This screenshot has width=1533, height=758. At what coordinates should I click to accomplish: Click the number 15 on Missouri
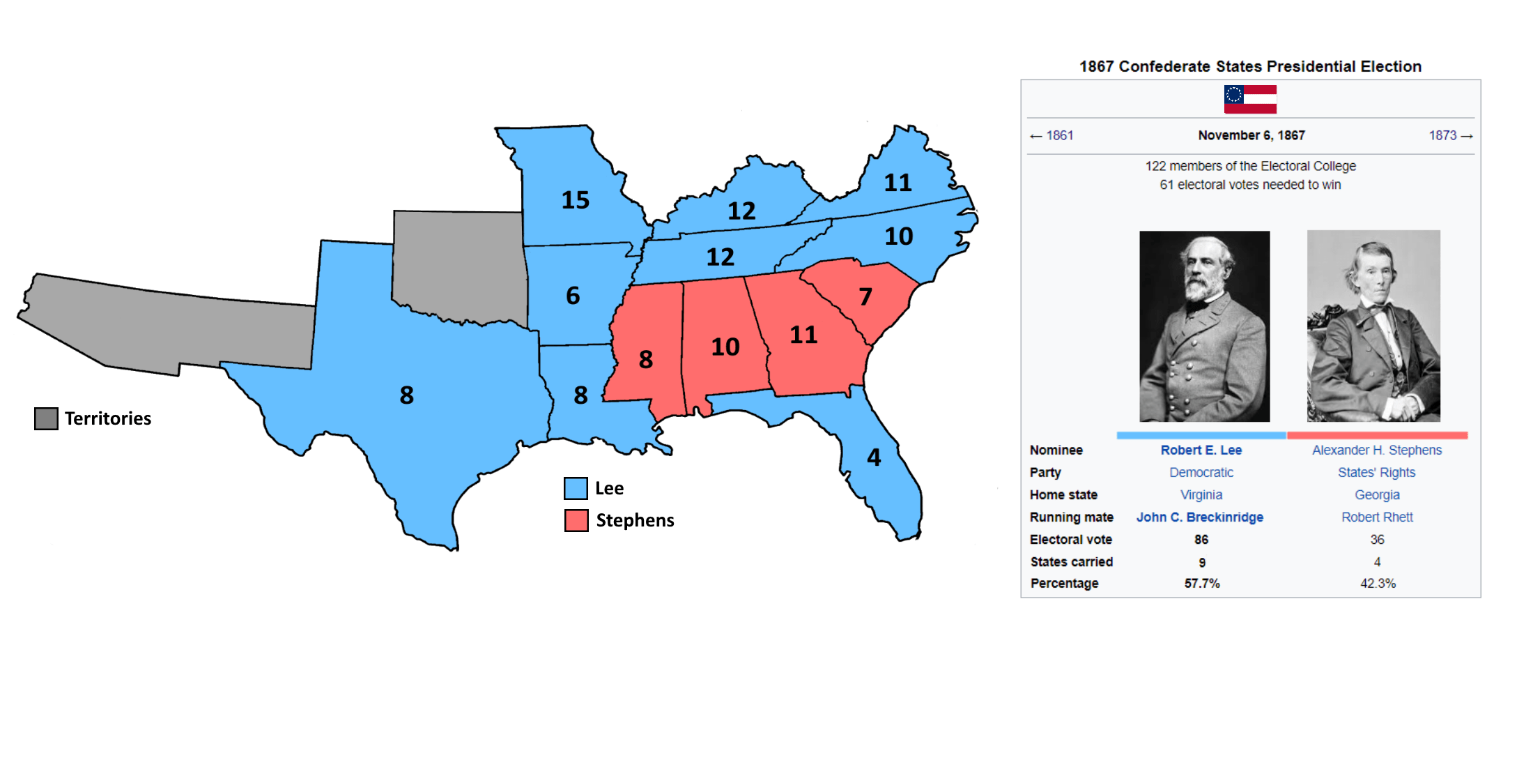click(576, 200)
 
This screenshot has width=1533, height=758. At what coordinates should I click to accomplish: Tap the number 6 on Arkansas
click(573, 296)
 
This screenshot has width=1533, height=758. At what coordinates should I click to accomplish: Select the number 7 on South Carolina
click(865, 297)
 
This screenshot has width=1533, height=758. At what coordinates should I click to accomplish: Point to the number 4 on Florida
click(874, 457)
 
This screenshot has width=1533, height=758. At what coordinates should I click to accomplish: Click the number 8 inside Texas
click(407, 395)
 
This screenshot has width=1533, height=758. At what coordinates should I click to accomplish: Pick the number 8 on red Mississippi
click(646, 360)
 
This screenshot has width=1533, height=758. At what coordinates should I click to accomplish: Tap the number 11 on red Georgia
click(803, 335)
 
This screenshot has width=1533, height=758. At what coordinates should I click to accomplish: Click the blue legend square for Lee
click(576, 488)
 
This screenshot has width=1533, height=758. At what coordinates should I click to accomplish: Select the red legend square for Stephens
click(576, 520)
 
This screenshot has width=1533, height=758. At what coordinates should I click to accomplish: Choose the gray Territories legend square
click(46, 418)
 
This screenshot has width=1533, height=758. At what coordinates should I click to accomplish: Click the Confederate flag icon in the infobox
click(1250, 99)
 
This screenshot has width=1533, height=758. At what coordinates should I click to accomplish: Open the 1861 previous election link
click(1059, 135)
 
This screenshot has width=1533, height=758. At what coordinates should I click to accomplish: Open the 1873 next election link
click(1443, 135)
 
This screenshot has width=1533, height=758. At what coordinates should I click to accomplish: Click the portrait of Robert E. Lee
click(1204, 326)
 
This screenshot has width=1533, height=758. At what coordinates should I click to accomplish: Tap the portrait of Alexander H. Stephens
click(1373, 326)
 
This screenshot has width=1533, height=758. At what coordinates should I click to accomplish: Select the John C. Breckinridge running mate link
click(1200, 517)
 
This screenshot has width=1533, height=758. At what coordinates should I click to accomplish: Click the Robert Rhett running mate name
click(1377, 517)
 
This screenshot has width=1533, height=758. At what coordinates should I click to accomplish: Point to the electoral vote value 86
click(1201, 540)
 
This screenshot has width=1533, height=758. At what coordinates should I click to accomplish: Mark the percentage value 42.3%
click(1378, 584)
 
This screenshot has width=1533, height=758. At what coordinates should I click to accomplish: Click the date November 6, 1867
click(1251, 135)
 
